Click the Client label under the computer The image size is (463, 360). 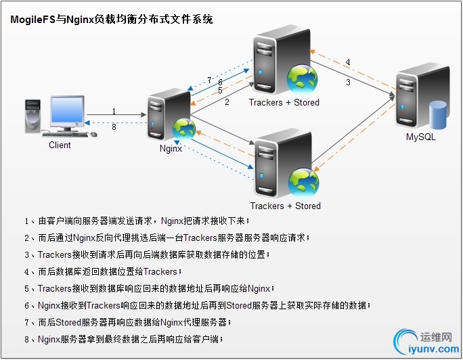60,145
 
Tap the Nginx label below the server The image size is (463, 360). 171,149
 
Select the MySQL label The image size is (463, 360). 420,137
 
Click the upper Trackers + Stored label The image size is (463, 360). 284,103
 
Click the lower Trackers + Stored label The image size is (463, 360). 285,206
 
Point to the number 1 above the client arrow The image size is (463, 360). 114,112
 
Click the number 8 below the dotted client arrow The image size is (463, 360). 114,127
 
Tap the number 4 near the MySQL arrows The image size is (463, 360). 348,62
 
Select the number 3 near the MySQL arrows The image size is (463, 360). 348,83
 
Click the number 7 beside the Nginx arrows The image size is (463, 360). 209,80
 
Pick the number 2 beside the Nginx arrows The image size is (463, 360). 227,102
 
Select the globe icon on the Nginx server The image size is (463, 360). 183,129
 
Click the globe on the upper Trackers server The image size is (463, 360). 301,78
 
